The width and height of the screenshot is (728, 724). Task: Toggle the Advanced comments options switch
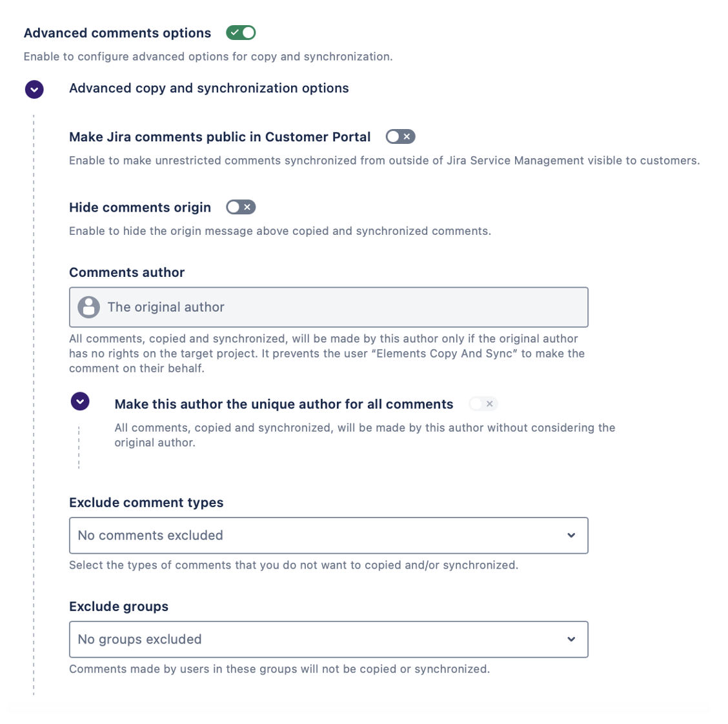pos(241,32)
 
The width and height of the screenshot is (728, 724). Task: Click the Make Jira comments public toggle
pos(400,137)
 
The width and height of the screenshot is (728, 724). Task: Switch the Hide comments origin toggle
pos(241,207)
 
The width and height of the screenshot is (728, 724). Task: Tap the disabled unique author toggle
pos(483,404)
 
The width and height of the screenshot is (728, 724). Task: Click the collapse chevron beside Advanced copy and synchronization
pos(34,89)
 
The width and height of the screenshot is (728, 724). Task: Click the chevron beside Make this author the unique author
pos(80,401)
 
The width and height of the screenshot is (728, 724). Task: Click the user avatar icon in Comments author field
pos(89,307)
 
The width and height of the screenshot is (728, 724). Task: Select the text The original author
pos(166,307)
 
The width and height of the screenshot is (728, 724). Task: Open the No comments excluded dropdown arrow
pos(571,536)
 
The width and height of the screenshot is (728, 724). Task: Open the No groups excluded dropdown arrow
pos(571,639)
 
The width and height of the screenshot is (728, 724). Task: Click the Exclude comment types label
pos(146,503)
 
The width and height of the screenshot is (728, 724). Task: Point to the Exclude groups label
pos(119,607)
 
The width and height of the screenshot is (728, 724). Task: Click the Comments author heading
pos(126,272)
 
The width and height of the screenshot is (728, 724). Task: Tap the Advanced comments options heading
pos(117,33)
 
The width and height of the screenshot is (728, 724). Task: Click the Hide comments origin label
pos(140,207)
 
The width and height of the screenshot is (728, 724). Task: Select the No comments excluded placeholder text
pos(150,536)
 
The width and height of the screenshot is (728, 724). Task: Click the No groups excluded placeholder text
pos(139,639)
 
